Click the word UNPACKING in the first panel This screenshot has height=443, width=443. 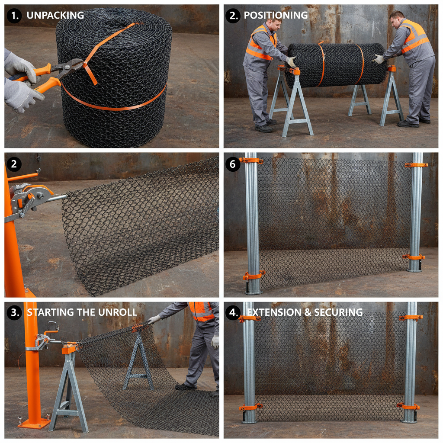coord(55,15)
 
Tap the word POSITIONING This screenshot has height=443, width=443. coord(276,15)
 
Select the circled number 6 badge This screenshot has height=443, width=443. coord(233,164)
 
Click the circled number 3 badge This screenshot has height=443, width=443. coord(14,312)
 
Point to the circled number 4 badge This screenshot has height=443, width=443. coord(233,312)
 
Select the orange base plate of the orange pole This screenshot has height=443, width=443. coord(33,423)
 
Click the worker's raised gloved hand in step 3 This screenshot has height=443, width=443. coord(153,319)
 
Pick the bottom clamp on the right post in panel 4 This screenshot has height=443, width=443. coord(408,406)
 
